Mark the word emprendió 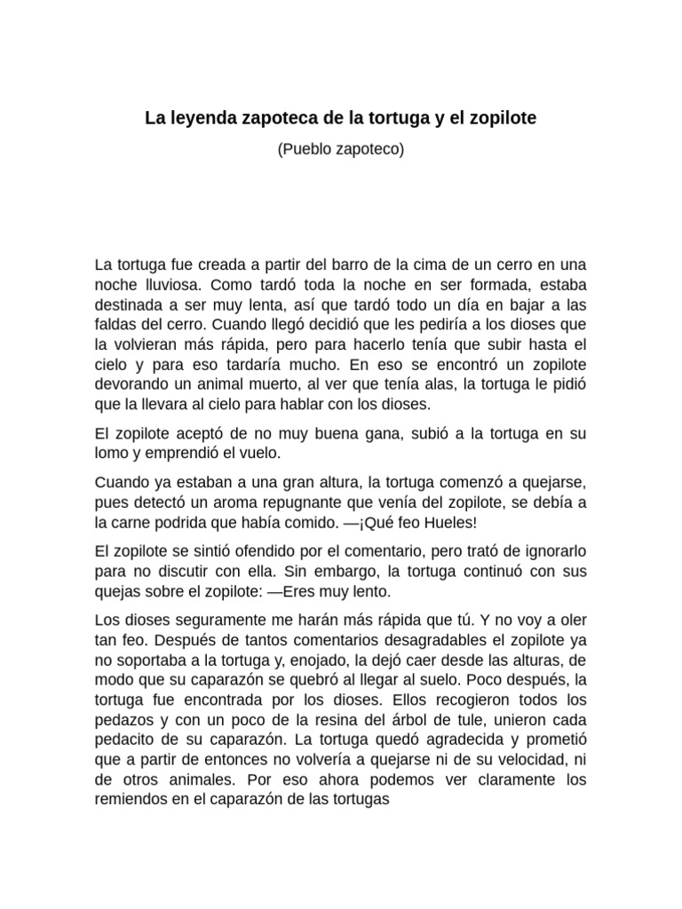click(x=185, y=453)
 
